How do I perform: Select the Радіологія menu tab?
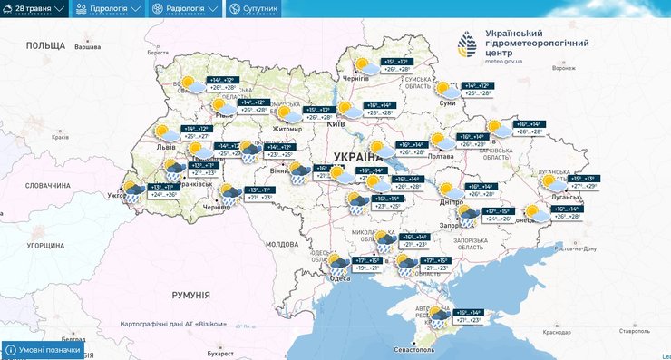[x=184, y=8]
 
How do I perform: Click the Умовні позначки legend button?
[x=44, y=350]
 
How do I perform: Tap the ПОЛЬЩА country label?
[x=45, y=45]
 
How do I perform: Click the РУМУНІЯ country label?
[x=190, y=296]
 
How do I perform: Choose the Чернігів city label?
[x=356, y=80]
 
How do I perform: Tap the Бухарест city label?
[x=219, y=354]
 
